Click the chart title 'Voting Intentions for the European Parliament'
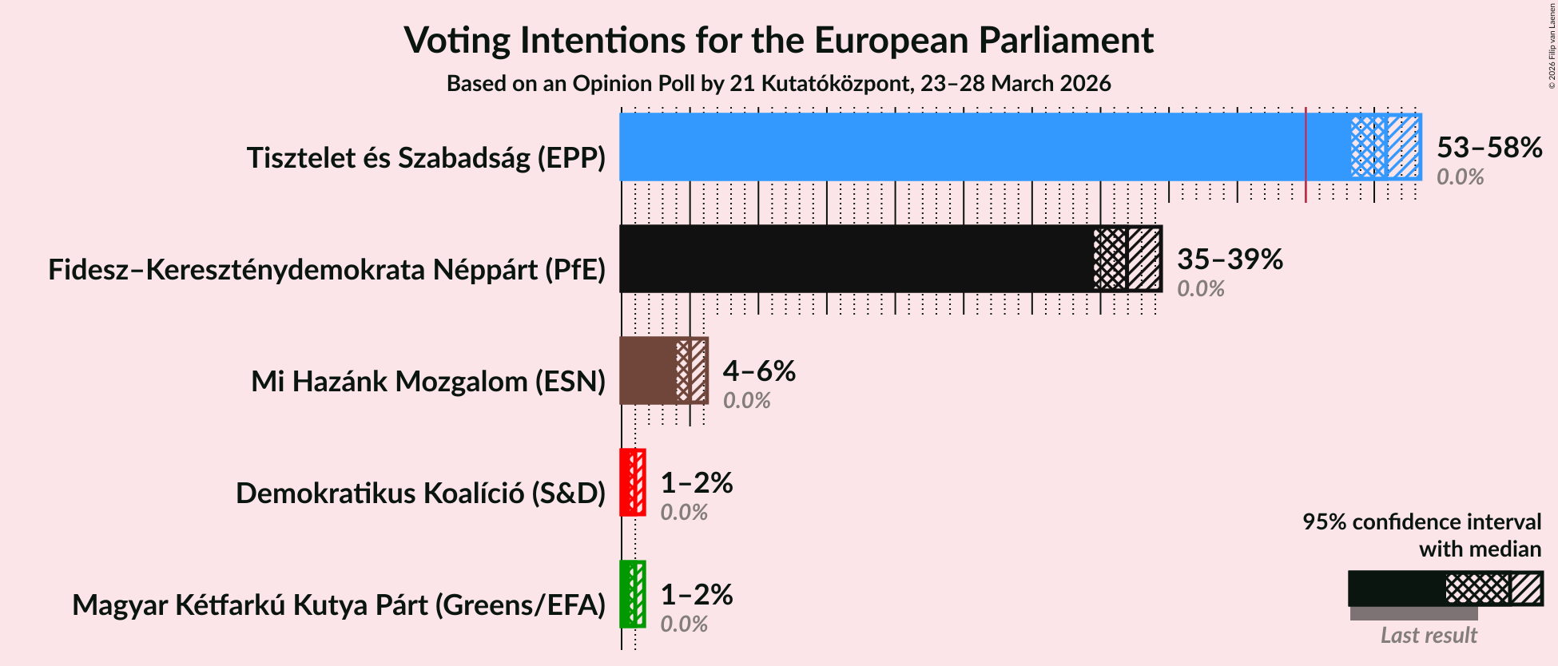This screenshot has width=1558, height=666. pyautogui.click(x=778, y=40)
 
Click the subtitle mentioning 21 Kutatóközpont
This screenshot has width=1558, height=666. pyautogui.click(x=778, y=84)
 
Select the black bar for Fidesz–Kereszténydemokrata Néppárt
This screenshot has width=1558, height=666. pyautogui.click(x=855, y=259)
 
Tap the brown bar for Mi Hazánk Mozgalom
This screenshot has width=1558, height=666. pyautogui.click(x=647, y=371)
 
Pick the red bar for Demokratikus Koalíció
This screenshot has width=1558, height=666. pyautogui.click(x=626, y=482)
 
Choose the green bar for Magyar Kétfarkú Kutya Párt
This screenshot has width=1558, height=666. pyautogui.click(x=626, y=594)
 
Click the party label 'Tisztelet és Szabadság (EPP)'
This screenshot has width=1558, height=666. pyautogui.click(x=426, y=158)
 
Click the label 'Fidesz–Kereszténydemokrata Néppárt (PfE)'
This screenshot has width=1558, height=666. pyautogui.click(x=327, y=270)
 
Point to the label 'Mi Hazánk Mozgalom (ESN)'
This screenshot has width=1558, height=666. pyautogui.click(x=428, y=382)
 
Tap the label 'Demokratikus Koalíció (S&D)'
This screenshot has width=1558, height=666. pyautogui.click(x=420, y=494)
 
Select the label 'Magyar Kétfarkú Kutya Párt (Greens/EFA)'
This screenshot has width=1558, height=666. pyautogui.click(x=339, y=605)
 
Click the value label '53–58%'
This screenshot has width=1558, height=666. pyautogui.click(x=1489, y=148)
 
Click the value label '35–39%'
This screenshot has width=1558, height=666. pyautogui.click(x=1230, y=260)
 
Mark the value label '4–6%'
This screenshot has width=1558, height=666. pyautogui.click(x=759, y=371)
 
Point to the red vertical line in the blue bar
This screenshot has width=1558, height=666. pyautogui.click(x=1306, y=152)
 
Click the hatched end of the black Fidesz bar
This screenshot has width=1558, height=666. pyautogui.click(x=1143, y=259)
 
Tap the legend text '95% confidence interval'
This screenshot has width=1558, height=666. pyautogui.click(x=1421, y=522)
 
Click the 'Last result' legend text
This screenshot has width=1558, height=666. pyautogui.click(x=1429, y=636)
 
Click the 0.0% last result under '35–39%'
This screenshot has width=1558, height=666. pyautogui.click(x=1200, y=289)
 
